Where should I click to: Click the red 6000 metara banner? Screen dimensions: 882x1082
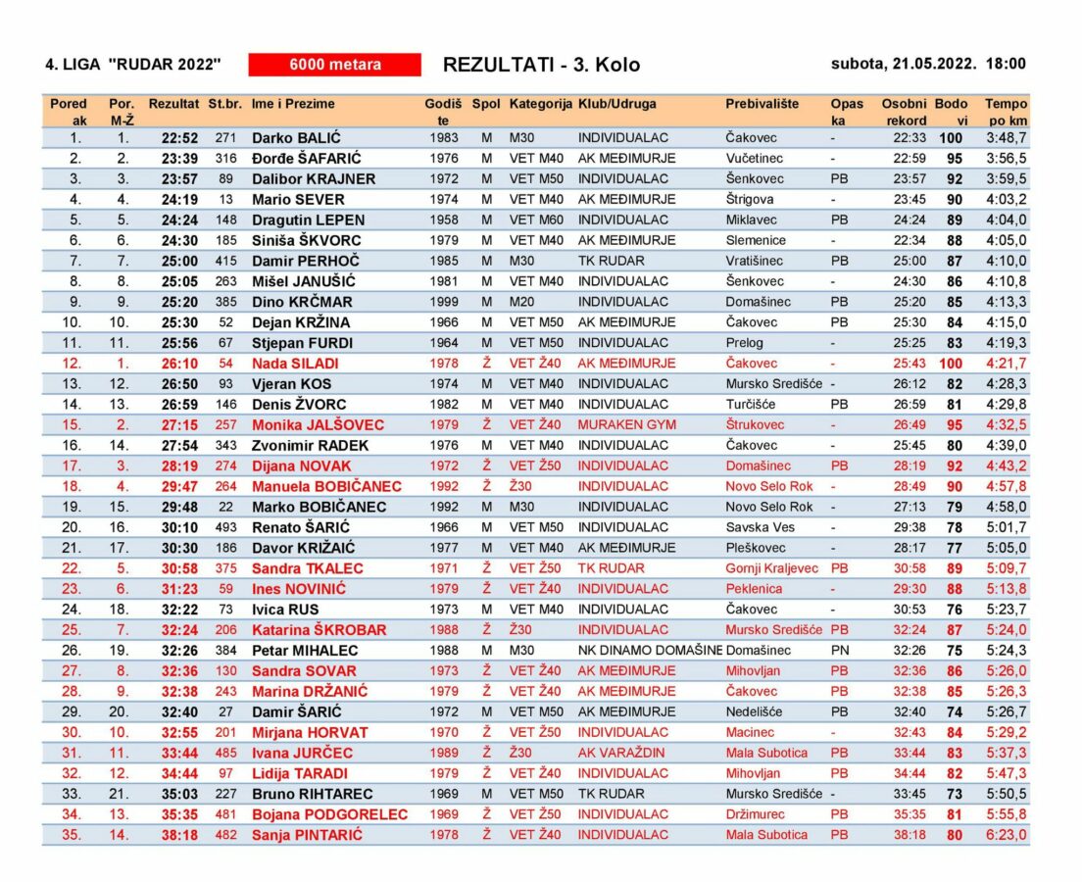tap(334, 65)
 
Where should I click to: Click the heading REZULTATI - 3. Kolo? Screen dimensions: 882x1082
tap(541, 65)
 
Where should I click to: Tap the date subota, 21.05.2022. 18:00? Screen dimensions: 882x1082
tap(928, 65)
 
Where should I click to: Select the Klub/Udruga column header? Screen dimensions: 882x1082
tap(617, 104)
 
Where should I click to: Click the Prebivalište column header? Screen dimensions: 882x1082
tap(762, 104)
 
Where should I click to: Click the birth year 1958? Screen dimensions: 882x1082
tap(443, 220)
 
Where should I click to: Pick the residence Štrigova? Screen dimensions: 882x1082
tap(751, 200)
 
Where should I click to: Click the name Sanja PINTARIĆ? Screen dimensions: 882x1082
tap(307, 835)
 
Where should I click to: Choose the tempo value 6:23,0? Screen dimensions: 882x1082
tap(1006, 835)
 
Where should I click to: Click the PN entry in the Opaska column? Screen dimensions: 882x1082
tap(839, 650)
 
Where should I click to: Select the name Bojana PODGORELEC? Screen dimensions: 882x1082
tap(329, 814)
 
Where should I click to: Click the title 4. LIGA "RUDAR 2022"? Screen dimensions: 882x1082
tap(133, 65)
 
